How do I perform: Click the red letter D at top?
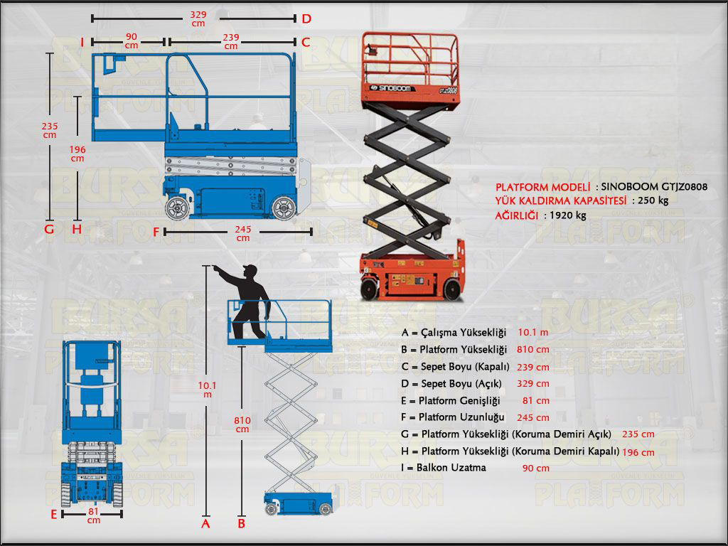306,18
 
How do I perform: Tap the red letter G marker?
49,229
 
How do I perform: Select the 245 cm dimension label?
243,233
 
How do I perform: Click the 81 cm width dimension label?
93,515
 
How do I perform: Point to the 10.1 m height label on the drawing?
207,390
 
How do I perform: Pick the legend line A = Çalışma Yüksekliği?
454,333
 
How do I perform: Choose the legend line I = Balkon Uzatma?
444,468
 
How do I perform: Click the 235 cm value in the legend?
638,434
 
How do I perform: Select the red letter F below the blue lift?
156,232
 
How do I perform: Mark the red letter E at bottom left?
53,514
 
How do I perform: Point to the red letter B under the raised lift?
241,524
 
